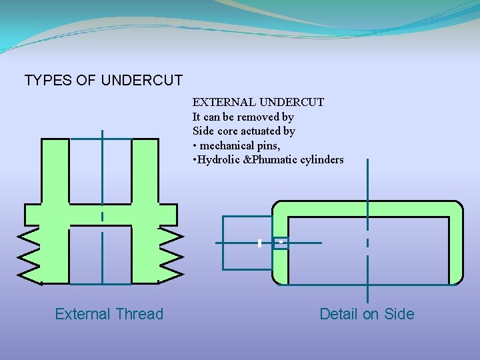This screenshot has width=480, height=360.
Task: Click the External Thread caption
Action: coord(109,314)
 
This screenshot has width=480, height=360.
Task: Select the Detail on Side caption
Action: coord(367,314)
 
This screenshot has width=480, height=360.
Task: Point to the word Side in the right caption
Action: coord(399,314)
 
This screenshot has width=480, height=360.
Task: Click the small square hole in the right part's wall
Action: coord(281,243)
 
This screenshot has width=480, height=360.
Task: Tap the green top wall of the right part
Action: coord(367,209)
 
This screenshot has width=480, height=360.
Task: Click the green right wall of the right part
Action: coord(456,247)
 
